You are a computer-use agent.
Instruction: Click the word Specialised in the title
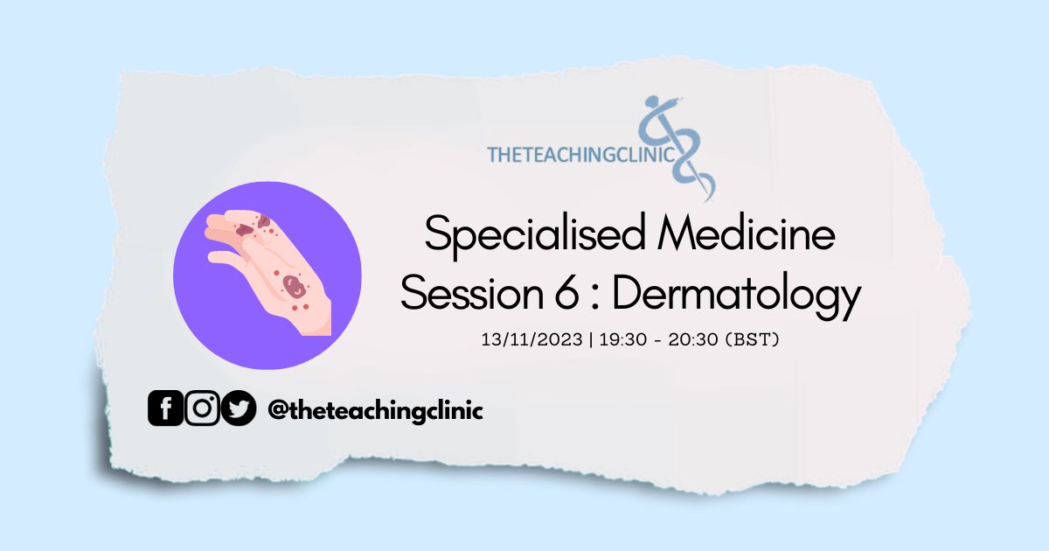(x=535, y=235)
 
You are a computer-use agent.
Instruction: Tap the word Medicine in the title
(x=747, y=233)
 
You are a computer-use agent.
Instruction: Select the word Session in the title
(x=472, y=292)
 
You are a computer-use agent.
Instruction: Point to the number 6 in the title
(x=566, y=292)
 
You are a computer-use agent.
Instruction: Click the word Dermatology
(x=737, y=296)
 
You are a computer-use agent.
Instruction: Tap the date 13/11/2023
(x=531, y=339)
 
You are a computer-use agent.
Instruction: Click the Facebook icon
(x=165, y=408)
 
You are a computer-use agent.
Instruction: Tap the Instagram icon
(x=202, y=408)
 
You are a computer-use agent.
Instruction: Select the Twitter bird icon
(x=239, y=408)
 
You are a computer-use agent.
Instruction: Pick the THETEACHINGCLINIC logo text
(x=580, y=155)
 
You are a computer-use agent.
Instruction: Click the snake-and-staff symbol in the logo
(x=677, y=148)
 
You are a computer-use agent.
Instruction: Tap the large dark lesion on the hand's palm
(x=294, y=286)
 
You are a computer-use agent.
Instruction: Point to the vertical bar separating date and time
(x=591, y=339)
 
